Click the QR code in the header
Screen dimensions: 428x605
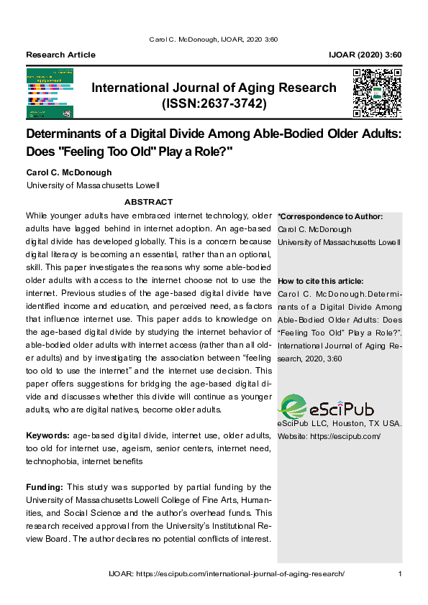377,93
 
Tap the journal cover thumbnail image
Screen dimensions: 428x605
50,93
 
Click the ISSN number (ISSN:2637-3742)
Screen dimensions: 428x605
214,104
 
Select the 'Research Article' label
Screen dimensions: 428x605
60,55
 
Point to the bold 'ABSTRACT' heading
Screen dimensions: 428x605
149,202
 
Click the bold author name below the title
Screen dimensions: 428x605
69,172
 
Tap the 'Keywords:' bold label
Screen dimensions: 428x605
47,436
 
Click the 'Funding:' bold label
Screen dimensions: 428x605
45,487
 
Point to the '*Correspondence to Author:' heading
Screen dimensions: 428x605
330,216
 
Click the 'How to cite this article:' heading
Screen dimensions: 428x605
320,281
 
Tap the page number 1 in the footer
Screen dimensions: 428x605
399,573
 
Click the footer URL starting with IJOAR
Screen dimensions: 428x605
227,573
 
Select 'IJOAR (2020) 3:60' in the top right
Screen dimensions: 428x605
365,55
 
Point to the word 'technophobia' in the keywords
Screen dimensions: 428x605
52,461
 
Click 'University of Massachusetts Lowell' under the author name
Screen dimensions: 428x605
93,185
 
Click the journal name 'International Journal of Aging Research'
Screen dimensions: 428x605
214,88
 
